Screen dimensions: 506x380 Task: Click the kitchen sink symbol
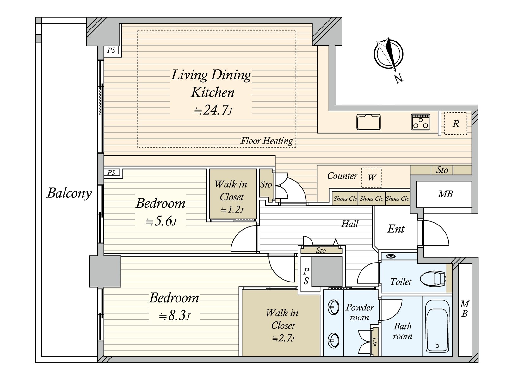(x=368, y=122)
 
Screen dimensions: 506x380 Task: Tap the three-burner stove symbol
(x=421, y=122)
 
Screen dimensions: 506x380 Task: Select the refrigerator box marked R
(x=455, y=124)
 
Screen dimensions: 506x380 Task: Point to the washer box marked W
(x=371, y=177)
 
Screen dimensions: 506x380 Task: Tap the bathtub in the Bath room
(x=437, y=326)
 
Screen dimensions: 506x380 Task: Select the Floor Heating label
(x=267, y=141)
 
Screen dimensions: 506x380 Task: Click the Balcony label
(x=69, y=193)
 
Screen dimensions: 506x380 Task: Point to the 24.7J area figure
(x=213, y=110)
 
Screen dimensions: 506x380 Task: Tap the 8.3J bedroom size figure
(x=175, y=315)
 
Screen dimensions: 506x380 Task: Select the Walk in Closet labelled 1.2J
(x=233, y=194)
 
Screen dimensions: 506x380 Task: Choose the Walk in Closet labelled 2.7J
(x=281, y=323)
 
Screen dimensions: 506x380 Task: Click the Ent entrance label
(x=396, y=229)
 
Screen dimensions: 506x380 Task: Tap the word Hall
(x=350, y=224)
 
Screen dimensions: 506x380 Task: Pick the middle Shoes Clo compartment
(x=371, y=199)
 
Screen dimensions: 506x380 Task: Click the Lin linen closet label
(x=375, y=341)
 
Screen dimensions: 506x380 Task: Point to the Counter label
(x=342, y=176)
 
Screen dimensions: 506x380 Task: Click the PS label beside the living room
(x=111, y=50)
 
